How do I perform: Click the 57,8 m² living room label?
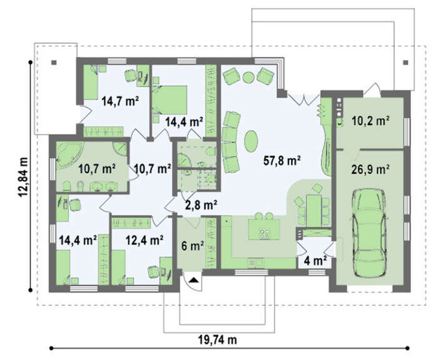point(282,161)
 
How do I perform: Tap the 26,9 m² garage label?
point(370,169)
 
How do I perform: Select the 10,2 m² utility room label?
point(370,121)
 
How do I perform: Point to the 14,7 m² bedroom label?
point(120,101)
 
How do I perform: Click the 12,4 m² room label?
point(144,240)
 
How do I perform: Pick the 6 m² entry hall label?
point(193,246)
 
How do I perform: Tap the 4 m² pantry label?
point(315,261)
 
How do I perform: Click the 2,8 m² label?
point(201,206)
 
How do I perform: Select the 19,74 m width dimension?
point(218,340)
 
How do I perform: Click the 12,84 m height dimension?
point(24,177)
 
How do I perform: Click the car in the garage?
point(369,232)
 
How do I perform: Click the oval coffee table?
point(251,141)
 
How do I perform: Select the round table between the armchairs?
point(248,77)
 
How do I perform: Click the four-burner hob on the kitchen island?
point(265,234)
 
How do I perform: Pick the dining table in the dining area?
point(313,211)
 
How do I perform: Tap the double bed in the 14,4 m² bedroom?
point(170,100)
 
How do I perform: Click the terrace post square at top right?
point(405,62)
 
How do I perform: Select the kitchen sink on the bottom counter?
point(255,262)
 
